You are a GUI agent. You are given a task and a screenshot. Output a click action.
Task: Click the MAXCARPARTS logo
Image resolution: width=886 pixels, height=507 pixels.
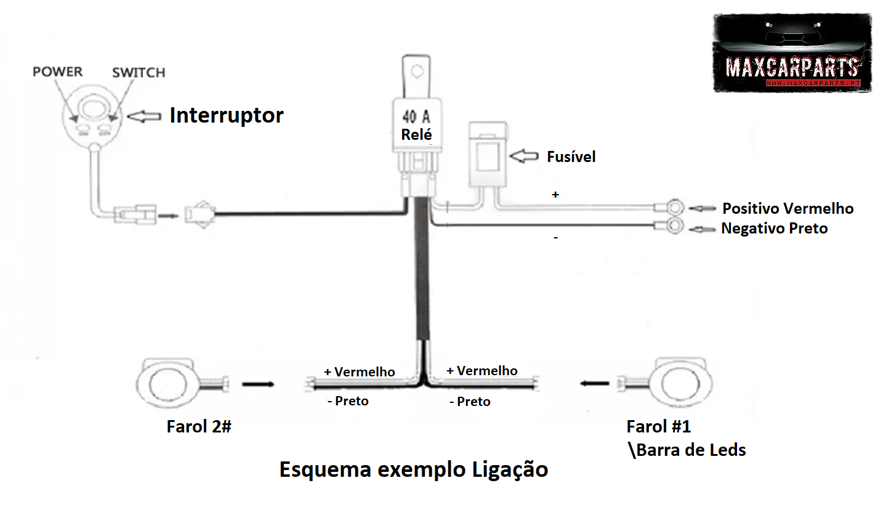[x=792, y=54]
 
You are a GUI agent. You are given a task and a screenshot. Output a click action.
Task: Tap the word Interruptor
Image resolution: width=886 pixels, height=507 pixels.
[x=227, y=115]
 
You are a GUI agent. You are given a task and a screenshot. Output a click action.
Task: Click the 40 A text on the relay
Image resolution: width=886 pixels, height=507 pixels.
[x=416, y=116]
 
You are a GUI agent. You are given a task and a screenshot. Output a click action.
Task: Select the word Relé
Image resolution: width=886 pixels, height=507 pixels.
[x=416, y=134]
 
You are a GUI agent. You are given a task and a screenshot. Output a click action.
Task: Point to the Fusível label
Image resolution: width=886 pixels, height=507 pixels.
[x=571, y=157]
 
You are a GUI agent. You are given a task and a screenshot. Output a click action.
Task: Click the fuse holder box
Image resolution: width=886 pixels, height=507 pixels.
[x=489, y=155]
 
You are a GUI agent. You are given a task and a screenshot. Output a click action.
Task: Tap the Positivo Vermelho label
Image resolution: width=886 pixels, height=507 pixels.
[x=787, y=208]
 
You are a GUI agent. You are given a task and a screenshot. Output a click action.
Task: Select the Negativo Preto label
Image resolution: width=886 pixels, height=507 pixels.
[x=774, y=229]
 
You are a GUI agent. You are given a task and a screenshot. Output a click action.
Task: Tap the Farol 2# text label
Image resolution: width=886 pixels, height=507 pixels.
[x=198, y=426]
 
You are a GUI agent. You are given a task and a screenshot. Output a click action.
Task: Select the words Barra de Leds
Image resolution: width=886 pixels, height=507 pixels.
[x=690, y=450]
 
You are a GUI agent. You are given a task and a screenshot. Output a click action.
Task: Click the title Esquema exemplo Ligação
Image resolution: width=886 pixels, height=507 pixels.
[x=413, y=469]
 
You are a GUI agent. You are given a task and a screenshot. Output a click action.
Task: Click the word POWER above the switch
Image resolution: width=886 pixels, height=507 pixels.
[x=57, y=71]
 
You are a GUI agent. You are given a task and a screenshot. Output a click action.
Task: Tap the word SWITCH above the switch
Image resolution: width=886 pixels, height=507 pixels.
[x=139, y=72]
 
